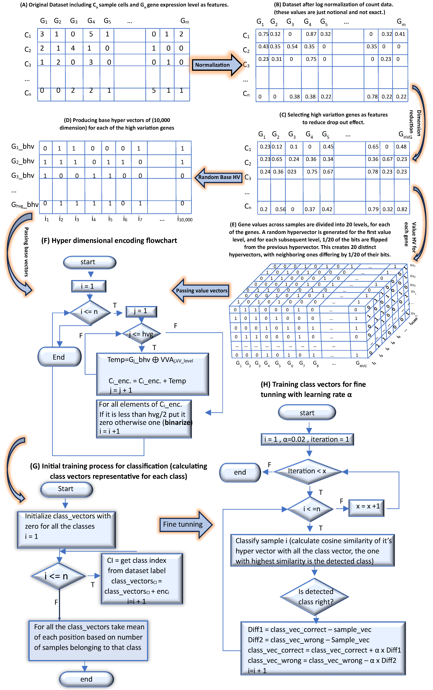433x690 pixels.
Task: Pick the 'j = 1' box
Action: coord(141,311)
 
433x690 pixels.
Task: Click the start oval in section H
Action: coord(307,413)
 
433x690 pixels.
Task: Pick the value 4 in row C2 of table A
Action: coord(73,48)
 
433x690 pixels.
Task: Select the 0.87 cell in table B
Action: coord(311,34)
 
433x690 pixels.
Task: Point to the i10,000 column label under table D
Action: coord(185,219)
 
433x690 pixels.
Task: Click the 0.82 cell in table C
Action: coord(402,209)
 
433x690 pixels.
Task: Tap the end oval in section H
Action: coord(240,472)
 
